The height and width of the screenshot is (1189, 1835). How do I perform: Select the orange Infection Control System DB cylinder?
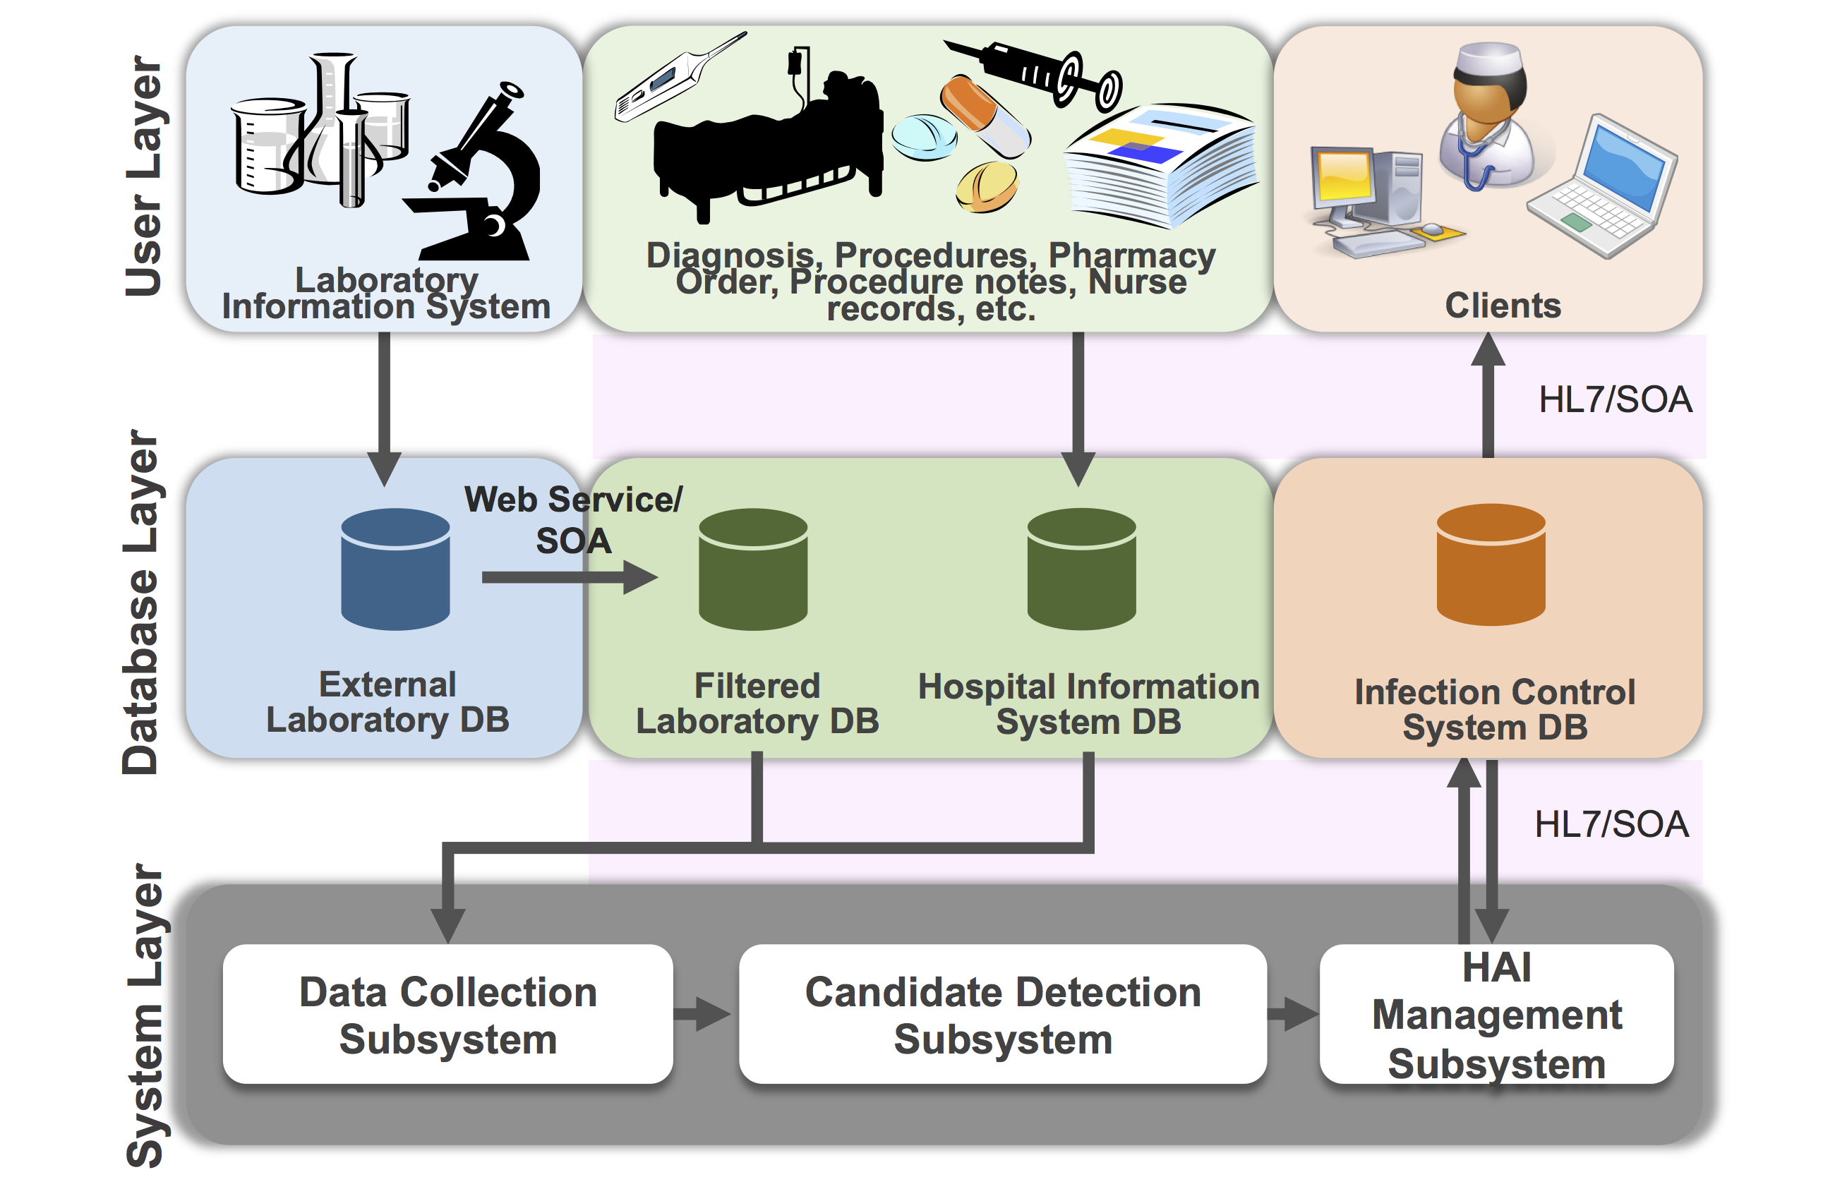[1491, 565]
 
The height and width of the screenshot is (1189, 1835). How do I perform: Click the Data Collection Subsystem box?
[447, 1013]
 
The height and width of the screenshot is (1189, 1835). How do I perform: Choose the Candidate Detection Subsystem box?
[1002, 1013]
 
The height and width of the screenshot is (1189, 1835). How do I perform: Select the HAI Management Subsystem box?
[1496, 1013]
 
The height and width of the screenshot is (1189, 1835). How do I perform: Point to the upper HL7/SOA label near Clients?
[1616, 399]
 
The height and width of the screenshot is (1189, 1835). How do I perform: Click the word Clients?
[1502, 306]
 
